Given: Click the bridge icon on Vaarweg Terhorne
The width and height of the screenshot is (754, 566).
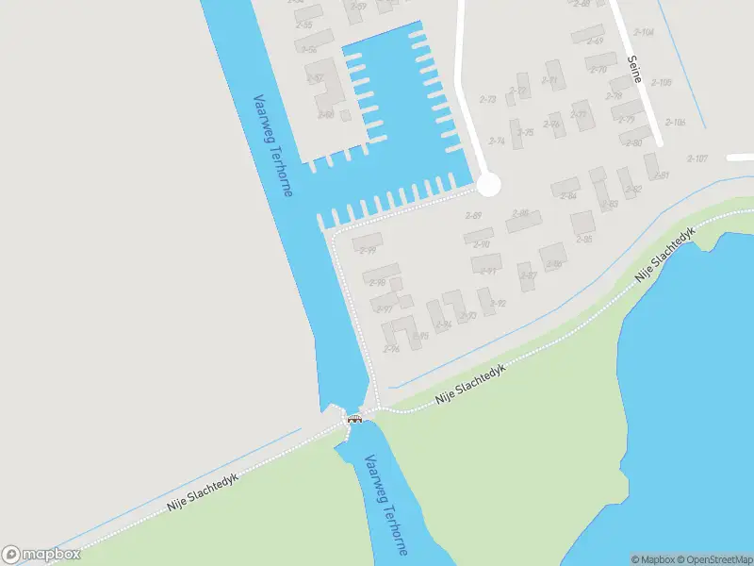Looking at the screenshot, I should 354,418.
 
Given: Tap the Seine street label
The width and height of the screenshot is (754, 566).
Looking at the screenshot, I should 634,69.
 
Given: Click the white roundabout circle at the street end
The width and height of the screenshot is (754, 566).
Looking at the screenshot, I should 487,184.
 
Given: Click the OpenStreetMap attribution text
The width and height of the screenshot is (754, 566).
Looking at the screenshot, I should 713,559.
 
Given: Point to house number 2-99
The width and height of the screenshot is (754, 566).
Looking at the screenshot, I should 368,250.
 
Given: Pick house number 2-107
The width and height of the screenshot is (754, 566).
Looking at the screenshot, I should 697,158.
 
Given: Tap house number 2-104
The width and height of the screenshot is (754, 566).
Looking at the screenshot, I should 645,31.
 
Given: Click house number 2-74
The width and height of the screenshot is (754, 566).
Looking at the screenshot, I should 497,141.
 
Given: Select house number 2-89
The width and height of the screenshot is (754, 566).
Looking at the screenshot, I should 474,216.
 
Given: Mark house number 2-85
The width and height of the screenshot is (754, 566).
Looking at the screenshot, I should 583,240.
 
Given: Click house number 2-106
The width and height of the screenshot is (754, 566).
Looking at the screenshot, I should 675,123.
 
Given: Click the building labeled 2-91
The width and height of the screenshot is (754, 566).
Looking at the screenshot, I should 488,272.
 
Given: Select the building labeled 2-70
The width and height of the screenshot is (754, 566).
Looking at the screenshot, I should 598,69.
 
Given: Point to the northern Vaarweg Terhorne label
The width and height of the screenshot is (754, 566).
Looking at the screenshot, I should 272,145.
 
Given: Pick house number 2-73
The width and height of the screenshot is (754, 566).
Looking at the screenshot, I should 488,99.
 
